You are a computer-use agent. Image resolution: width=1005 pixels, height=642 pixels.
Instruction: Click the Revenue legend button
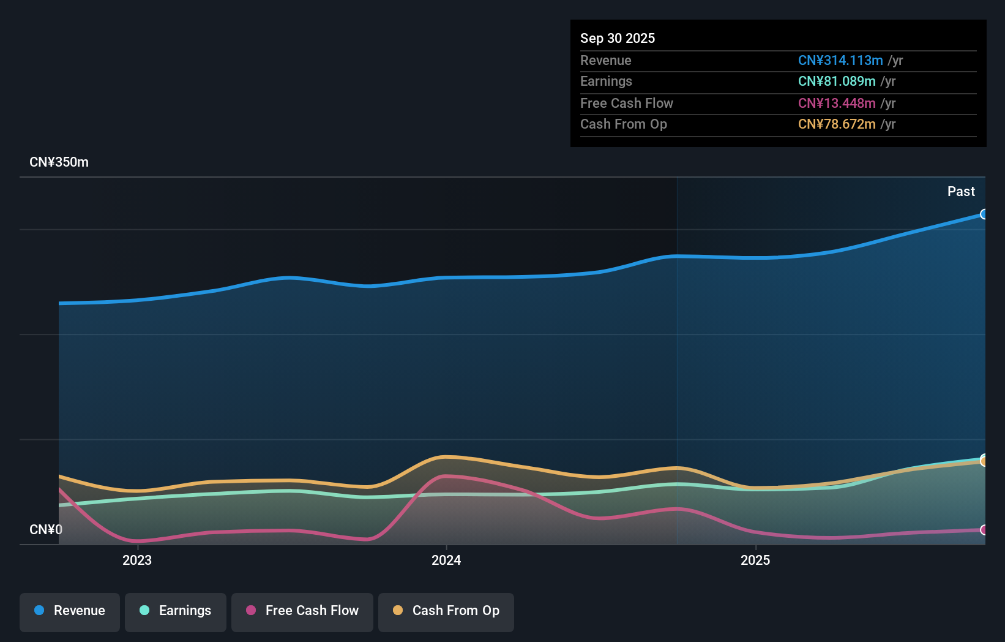click(70, 611)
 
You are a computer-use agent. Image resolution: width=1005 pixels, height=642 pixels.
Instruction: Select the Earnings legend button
click(176, 611)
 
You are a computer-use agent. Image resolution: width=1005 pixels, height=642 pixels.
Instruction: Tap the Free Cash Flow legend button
click(302, 611)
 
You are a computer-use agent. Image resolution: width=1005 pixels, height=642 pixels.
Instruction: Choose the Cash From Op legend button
click(446, 611)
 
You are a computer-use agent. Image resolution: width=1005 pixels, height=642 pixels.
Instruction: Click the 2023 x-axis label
click(137, 561)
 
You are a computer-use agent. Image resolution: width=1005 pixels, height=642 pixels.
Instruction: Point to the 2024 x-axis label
click(446, 561)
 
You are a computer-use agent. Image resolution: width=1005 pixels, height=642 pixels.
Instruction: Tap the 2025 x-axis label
click(755, 561)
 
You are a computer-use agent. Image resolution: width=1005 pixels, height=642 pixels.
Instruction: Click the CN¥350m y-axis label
click(59, 162)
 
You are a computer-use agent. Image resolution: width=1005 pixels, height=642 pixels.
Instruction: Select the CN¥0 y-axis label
click(46, 530)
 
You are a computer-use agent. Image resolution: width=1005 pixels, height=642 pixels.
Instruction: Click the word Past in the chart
click(961, 192)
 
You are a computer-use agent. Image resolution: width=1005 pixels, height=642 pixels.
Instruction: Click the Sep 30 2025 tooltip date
click(618, 39)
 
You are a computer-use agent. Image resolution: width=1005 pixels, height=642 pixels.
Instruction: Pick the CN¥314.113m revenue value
click(840, 61)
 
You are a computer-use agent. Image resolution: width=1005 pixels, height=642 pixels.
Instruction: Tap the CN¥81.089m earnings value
click(837, 81)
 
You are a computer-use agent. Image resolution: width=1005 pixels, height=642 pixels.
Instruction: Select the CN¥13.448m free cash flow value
click(837, 104)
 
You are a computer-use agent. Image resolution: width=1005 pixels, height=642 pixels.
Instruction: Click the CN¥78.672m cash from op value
click(837, 124)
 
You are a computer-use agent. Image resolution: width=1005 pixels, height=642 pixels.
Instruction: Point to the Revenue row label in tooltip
click(606, 61)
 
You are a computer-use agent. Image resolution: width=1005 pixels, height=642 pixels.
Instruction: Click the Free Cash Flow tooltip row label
click(627, 104)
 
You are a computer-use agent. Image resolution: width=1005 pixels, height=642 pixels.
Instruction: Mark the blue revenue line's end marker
click(984, 214)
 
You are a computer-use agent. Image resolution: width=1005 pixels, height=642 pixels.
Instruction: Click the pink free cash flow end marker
click(984, 530)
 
